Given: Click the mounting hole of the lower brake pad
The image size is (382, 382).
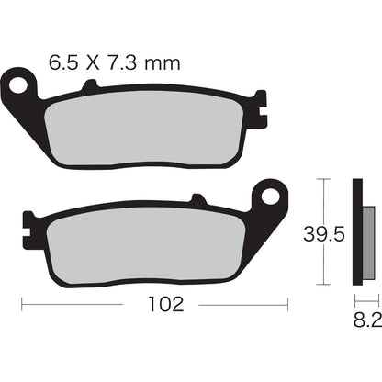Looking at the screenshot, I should [271, 195].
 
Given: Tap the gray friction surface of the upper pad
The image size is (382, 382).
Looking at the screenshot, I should [147, 129].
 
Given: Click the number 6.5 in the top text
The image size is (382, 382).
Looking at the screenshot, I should [63, 63].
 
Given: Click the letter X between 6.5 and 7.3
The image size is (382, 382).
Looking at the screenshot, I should [93, 63].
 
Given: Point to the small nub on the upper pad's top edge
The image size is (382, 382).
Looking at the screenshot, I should [89, 87].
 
